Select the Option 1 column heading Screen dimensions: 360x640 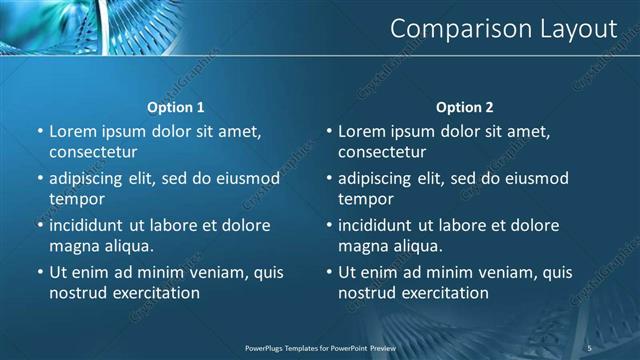176,107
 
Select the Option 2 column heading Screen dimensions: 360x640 465,107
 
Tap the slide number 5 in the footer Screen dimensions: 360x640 590,347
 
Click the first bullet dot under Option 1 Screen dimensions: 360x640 40,131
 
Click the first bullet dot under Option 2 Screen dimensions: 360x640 329,131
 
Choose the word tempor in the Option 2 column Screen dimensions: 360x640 363,199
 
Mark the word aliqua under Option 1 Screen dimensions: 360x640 127,245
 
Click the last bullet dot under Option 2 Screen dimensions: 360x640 329,272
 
